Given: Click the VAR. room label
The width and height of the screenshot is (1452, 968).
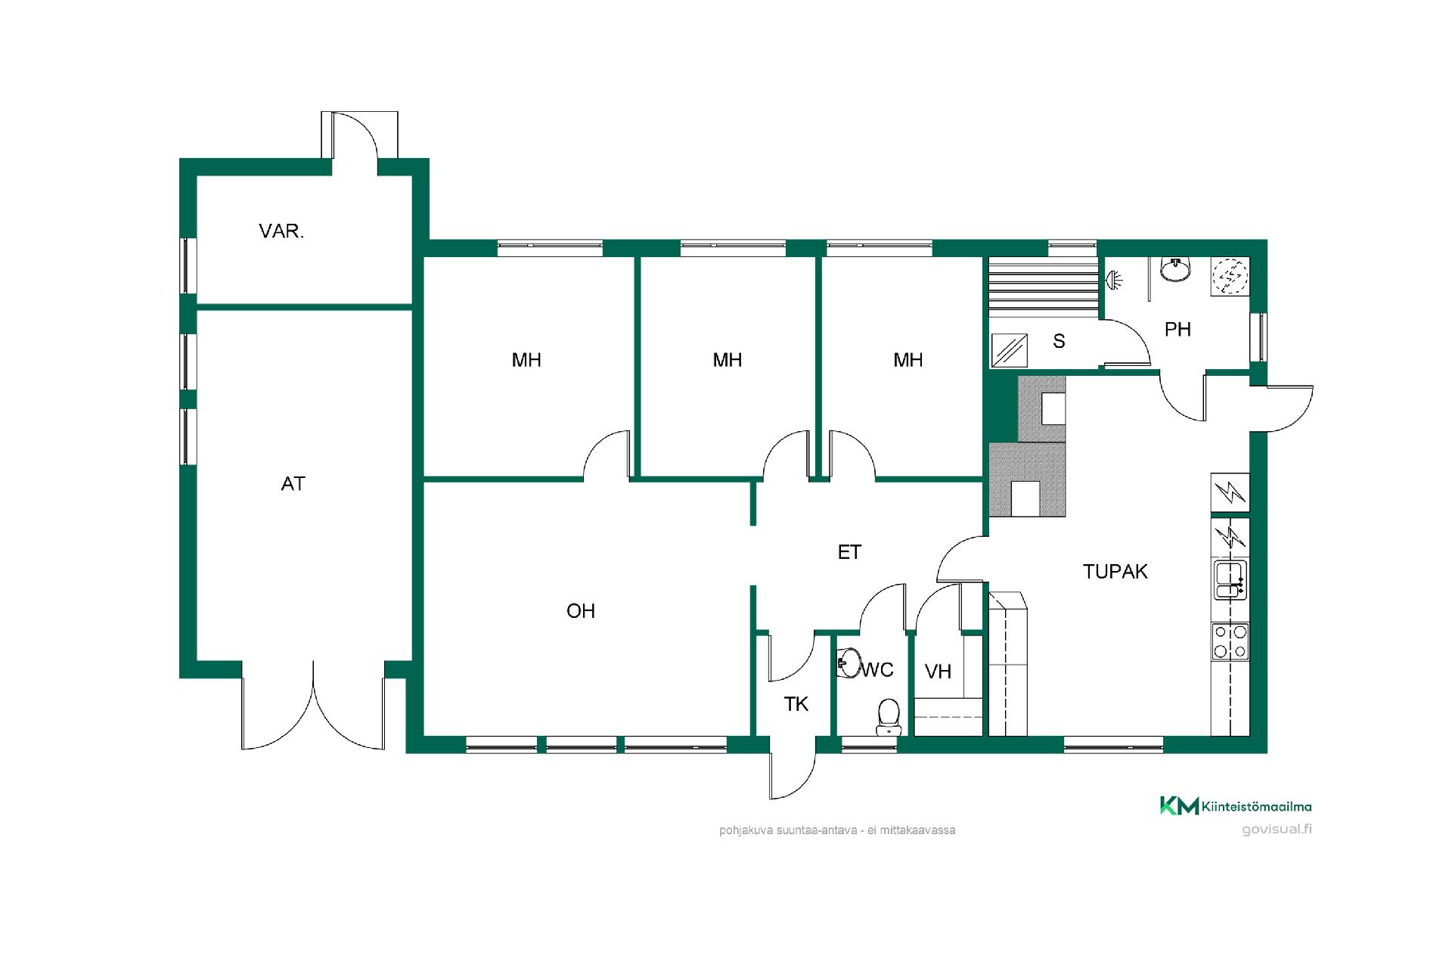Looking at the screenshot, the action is [281, 231].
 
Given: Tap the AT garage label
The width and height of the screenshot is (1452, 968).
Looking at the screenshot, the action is [293, 484].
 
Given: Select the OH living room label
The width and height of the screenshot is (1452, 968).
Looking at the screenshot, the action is [581, 611].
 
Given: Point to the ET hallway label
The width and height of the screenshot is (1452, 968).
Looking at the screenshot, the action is [849, 553].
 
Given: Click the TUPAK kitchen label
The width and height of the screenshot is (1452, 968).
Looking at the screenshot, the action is [1115, 572].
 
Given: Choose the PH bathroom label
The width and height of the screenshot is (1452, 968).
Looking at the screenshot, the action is [1177, 330].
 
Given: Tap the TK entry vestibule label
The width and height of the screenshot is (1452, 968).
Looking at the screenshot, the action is [796, 705].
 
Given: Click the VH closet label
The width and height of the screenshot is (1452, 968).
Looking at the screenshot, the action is [938, 672].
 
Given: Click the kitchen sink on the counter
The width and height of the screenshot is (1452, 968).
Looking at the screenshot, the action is [1230, 581].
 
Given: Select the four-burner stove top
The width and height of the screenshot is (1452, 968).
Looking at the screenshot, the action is [1230, 641].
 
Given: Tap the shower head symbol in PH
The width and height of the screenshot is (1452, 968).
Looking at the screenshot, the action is [1114, 281].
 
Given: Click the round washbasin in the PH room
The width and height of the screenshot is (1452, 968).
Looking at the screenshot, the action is [1174, 269].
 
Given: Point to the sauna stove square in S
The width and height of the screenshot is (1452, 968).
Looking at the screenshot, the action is [1010, 350].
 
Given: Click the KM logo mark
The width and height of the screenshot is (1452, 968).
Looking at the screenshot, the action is [1180, 806].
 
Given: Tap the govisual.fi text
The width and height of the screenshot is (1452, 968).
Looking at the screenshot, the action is [1277, 829].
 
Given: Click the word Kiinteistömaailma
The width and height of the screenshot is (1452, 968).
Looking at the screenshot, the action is [1256, 807].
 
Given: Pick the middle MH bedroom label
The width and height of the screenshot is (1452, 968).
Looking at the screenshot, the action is [728, 360].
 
